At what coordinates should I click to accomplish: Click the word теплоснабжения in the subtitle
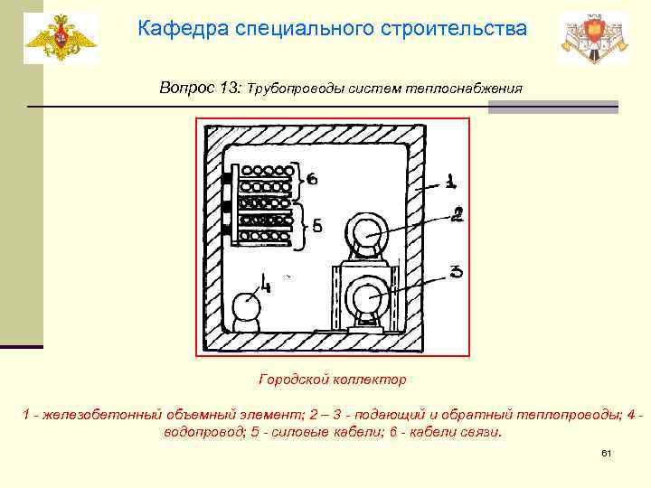(470, 89)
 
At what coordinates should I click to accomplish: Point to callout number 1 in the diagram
(449, 183)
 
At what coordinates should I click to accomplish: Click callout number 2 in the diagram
(458, 215)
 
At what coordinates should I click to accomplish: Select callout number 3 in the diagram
(457, 271)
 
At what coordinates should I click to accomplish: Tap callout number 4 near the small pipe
(265, 286)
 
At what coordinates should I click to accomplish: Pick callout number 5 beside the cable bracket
(317, 227)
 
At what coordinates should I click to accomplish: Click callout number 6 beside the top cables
(312, 179)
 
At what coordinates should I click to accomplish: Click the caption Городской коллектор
(332, 380)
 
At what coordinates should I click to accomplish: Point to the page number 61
(607, 452)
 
